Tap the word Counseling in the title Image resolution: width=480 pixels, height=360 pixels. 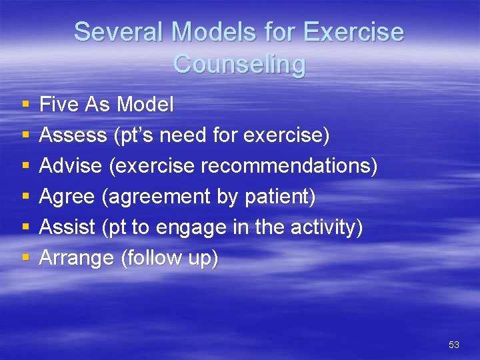239,64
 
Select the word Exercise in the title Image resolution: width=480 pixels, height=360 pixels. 354,32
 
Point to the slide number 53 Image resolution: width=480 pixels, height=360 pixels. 454,345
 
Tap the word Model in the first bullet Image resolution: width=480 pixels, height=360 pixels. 145,104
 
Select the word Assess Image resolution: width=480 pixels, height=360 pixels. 73,135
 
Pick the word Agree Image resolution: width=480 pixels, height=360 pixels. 69,197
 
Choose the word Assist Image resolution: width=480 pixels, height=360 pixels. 68,228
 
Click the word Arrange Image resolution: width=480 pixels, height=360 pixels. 77,259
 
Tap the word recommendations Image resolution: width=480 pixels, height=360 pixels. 289,166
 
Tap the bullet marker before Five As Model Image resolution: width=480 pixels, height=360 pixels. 25,105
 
